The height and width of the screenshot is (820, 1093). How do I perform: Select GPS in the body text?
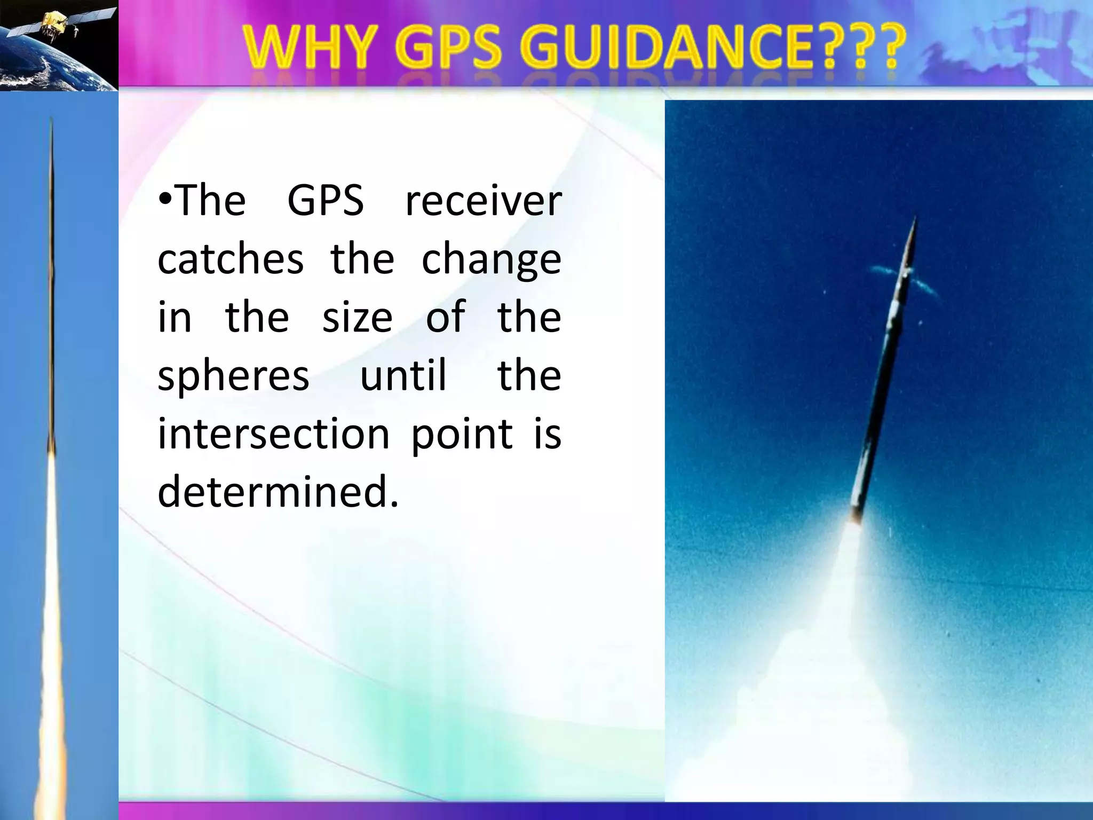tap(326, 201)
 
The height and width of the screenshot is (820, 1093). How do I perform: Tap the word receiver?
tap(483, 202)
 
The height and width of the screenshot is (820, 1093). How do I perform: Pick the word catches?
tap(231, 259)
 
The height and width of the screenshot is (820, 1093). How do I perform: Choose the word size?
tap(358, 318)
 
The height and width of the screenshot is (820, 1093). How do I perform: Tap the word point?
tap(462, 436)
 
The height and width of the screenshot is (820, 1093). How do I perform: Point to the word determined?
tap(278, 491)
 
